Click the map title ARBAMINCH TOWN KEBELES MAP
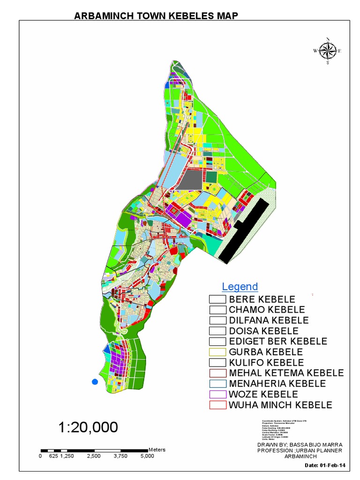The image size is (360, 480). click(x=157, y=16)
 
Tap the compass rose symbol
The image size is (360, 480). click(x=328, y=51)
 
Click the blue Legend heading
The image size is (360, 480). click(x=240, y=286)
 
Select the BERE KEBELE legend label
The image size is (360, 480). click(x=262, y=299)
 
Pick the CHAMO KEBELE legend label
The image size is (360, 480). click(x=267, y=310)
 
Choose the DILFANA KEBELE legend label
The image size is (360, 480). click(x=269, y=320)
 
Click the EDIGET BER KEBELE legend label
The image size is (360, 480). click(x=278, y=341)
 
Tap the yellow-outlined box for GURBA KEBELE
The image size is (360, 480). click(x=217, y=352)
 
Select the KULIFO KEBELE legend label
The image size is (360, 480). click(x=266, y=363)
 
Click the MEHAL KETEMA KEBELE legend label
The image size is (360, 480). click(x=286, y=373)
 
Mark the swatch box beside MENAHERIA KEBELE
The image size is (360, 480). click(x=217, y=384)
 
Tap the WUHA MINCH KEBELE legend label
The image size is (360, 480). click(x=280, y=405)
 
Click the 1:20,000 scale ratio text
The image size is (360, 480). click(x=88, y=427)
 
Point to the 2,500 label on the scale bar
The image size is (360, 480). click(x=94, y=456)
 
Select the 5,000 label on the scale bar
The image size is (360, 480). click(x=147, y=456)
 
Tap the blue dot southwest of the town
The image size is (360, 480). click(x=95, y=382)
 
